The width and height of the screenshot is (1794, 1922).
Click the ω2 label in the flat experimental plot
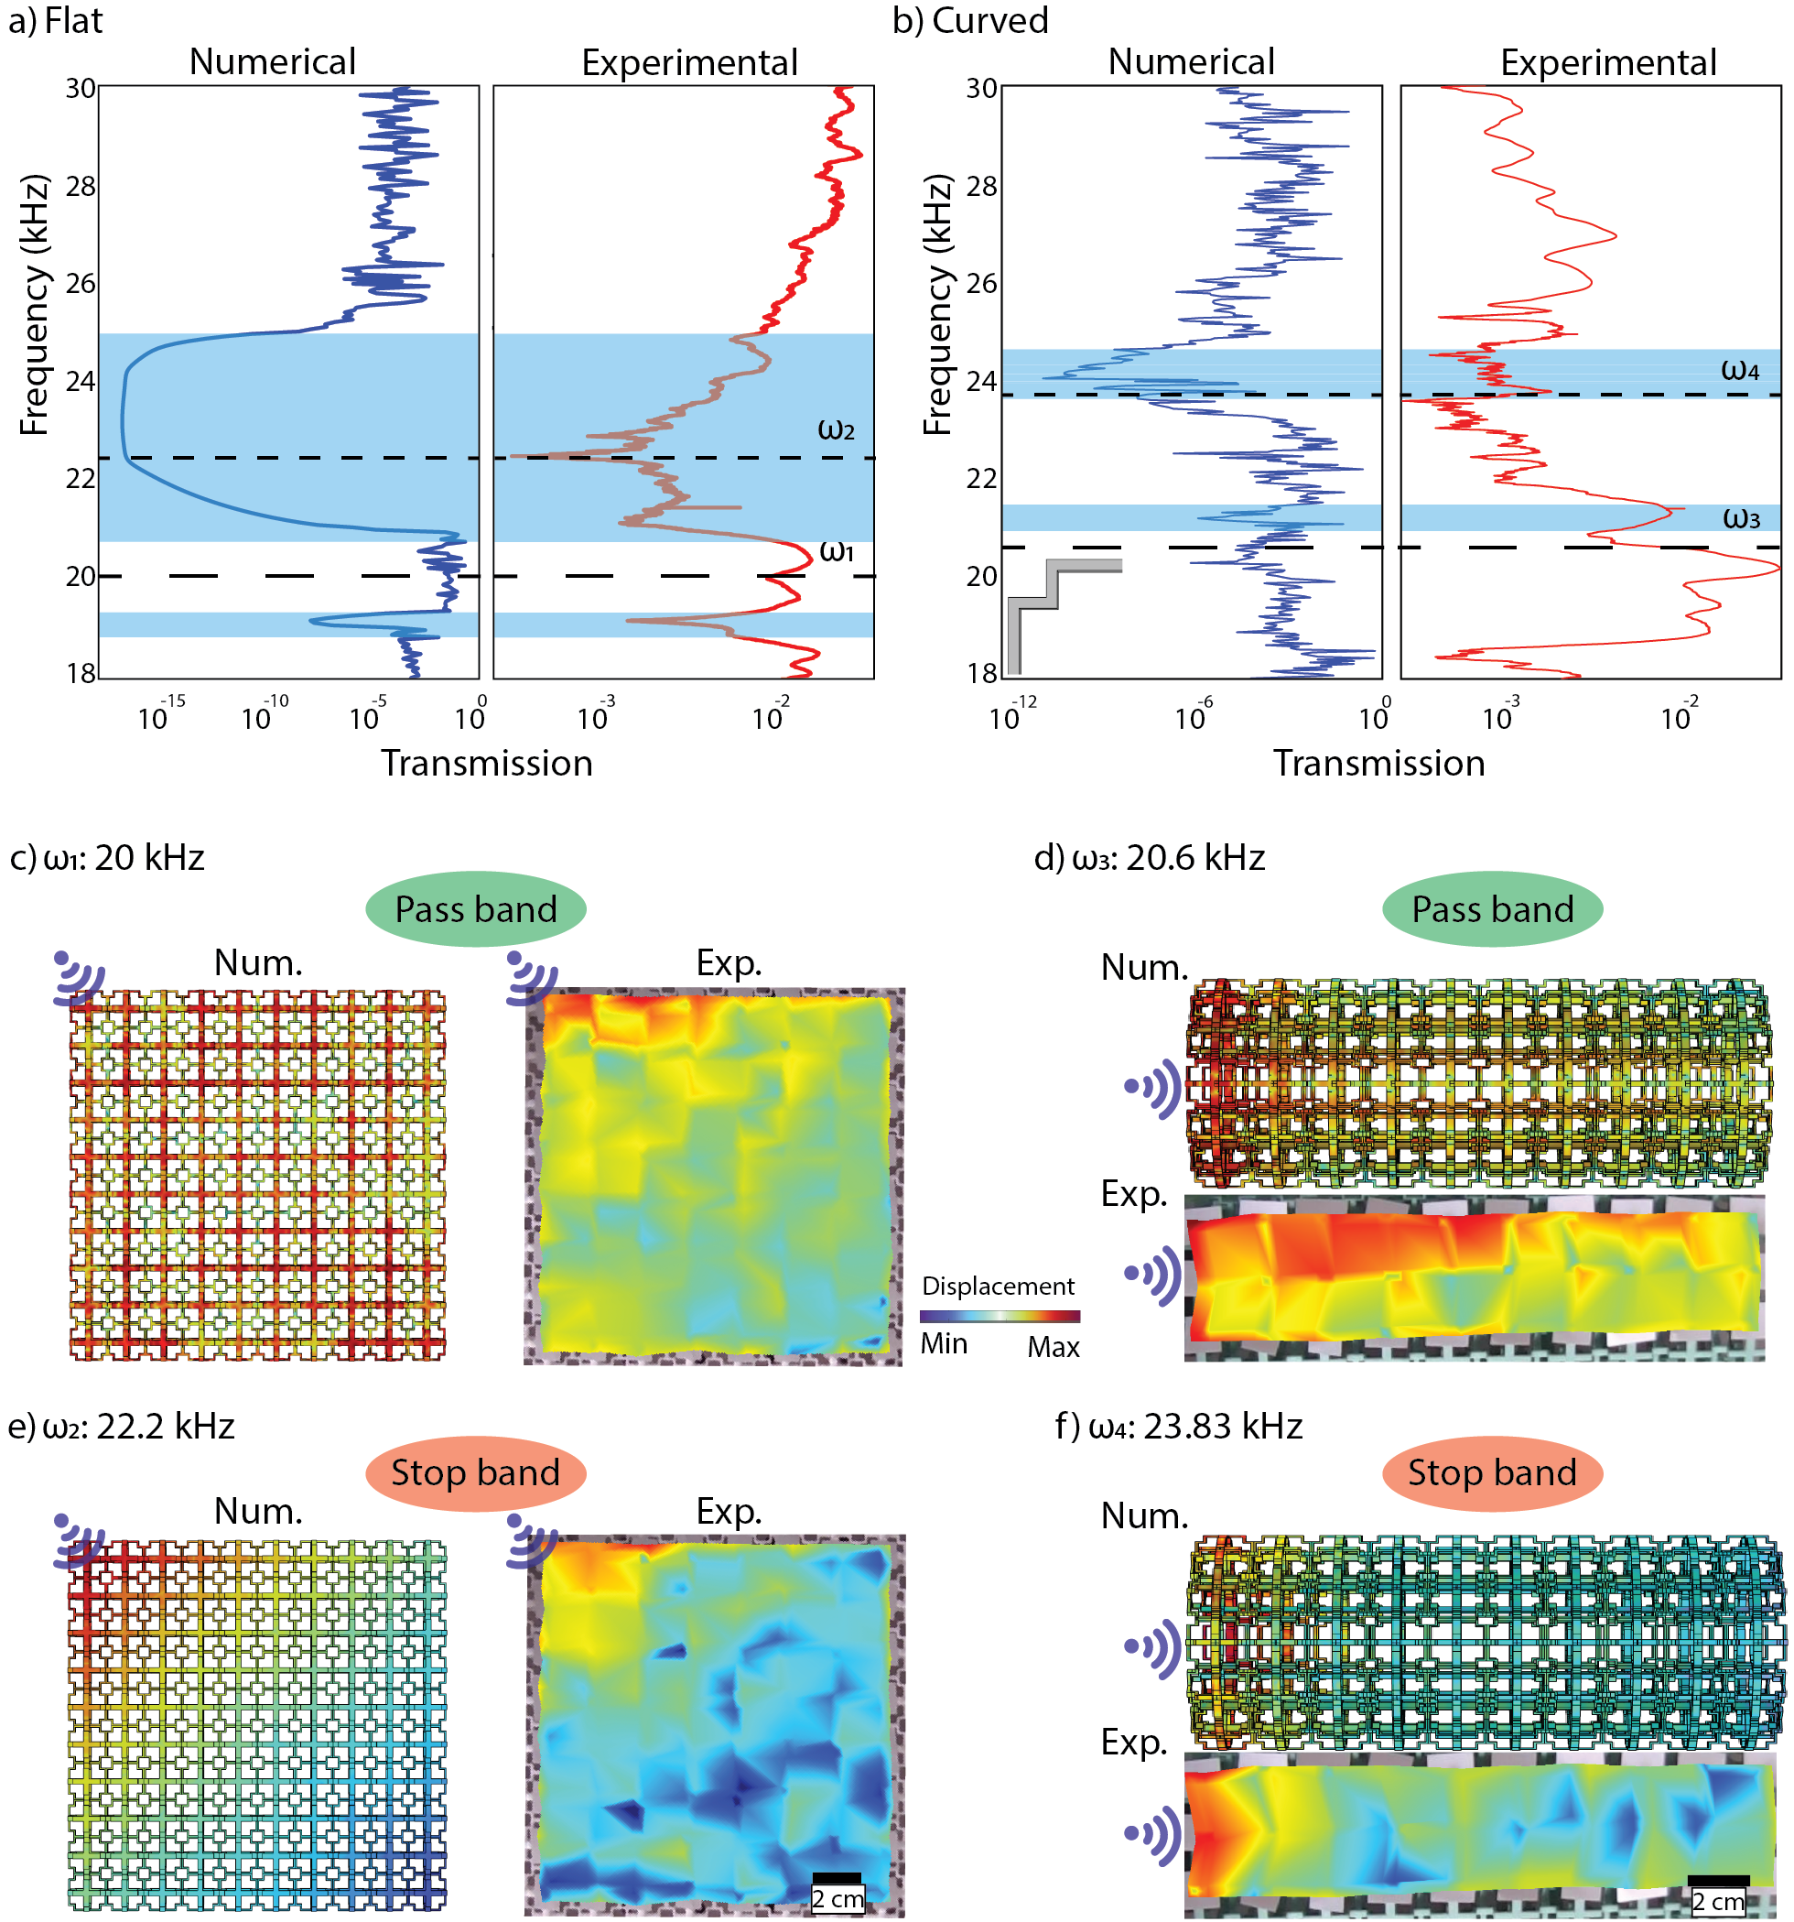click(x=836, y=429)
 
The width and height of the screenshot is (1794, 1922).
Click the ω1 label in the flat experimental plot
click(x=836, y=551)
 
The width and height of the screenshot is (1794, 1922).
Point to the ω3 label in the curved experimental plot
click(x=1741, y=518)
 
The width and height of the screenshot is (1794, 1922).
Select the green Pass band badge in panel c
click(x=476, y=908)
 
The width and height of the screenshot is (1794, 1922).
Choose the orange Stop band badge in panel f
click(x=1491, y=1472)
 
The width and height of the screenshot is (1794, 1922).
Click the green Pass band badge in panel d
click(x=1491, y=908)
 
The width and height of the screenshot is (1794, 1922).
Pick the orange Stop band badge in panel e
click(x=476, y=1472)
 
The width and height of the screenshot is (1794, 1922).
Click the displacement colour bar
click(x=1000, y=1316)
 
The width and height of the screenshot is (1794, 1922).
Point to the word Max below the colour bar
click(x=1053, y=1347)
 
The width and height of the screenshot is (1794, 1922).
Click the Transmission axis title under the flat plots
click(x=486, y=763)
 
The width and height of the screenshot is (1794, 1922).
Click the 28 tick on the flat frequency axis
click(x=81, y=186)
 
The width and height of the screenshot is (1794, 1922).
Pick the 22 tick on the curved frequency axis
click(x=981, y=478)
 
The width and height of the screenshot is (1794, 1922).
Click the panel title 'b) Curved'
click(x=969, y=20)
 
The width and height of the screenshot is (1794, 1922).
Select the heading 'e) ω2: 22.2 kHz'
click(x=121, y=1426)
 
